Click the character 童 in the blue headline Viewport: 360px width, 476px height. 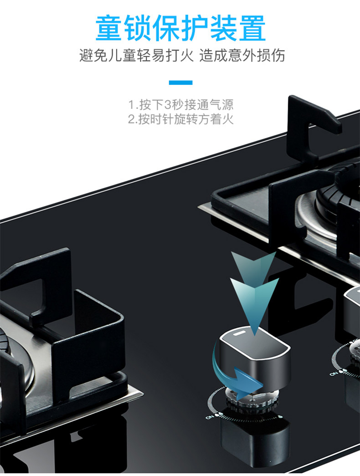pos(109,28)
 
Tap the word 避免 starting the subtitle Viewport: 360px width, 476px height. pos(88,56)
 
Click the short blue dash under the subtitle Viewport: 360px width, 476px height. pos(180,82)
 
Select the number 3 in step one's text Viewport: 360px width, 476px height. pos(168,105)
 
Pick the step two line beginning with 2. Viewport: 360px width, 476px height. pos(180,120)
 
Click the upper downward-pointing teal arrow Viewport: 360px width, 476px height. pos(253,266)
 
